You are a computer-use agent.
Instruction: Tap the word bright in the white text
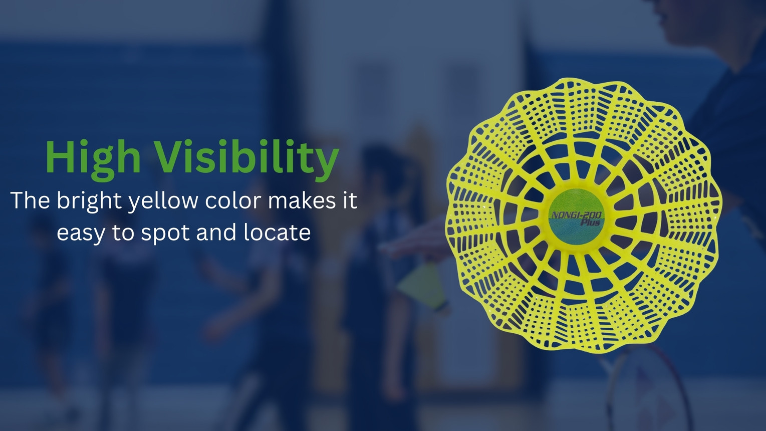pos(89,201)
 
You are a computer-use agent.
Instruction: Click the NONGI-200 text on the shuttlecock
pos(577,215)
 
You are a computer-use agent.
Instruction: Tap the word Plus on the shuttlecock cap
pos(591,223)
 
